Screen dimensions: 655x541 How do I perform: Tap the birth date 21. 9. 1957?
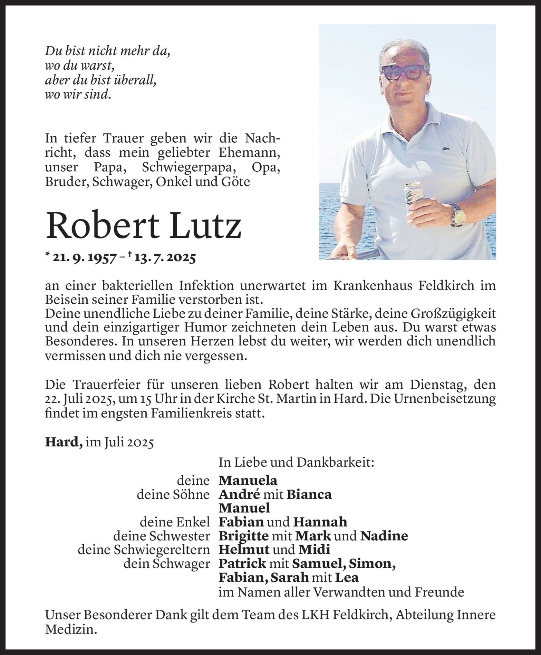[x=83, y=258]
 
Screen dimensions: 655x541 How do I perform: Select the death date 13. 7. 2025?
[x=169, y=258]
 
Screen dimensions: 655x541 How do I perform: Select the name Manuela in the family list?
[x=248, y=481]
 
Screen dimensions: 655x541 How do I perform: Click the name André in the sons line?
[x=239, y=494]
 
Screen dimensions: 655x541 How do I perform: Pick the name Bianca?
[x=309, y=494]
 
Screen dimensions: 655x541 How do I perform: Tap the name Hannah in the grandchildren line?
[x=320, y=522]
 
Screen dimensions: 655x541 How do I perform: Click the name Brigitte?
[x=244, y=536]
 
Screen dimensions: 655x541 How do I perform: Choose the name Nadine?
[x=384, y=536]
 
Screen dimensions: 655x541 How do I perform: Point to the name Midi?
[x=314, y=549]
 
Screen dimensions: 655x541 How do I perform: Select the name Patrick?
[x=242, y=563]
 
